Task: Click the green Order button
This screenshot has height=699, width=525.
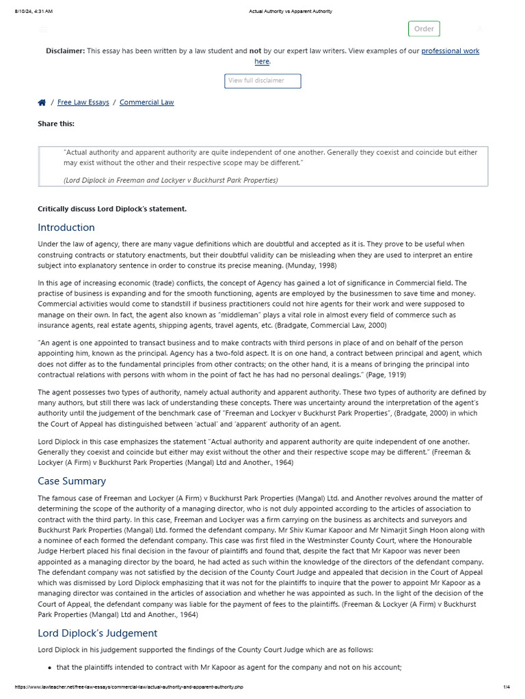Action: tap(424, 29)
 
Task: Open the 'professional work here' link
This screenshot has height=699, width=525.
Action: tap(450, 51)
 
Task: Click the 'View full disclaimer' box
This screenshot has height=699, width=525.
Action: tap(262, 81)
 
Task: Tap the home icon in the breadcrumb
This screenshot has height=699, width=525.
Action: tap(42, 102)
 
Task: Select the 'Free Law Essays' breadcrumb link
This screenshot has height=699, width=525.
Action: tap(83, 102)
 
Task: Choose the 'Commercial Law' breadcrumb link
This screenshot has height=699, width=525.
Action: tap(146, 102)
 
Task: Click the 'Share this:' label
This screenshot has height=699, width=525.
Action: tap(56, 124)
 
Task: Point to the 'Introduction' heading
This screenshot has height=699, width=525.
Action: tap(66, 227)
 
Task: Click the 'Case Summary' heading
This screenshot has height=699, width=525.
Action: tap(72, 481)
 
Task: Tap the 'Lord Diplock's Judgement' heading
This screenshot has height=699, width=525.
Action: tap(97, 633)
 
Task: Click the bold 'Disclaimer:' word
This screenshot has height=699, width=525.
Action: tap(66, 51)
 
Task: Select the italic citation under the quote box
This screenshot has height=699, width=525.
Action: tap(171, 180)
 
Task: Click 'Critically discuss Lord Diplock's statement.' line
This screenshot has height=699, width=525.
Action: tap(112, 209)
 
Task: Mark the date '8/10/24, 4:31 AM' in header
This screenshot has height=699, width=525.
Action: tap(33, 12)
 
